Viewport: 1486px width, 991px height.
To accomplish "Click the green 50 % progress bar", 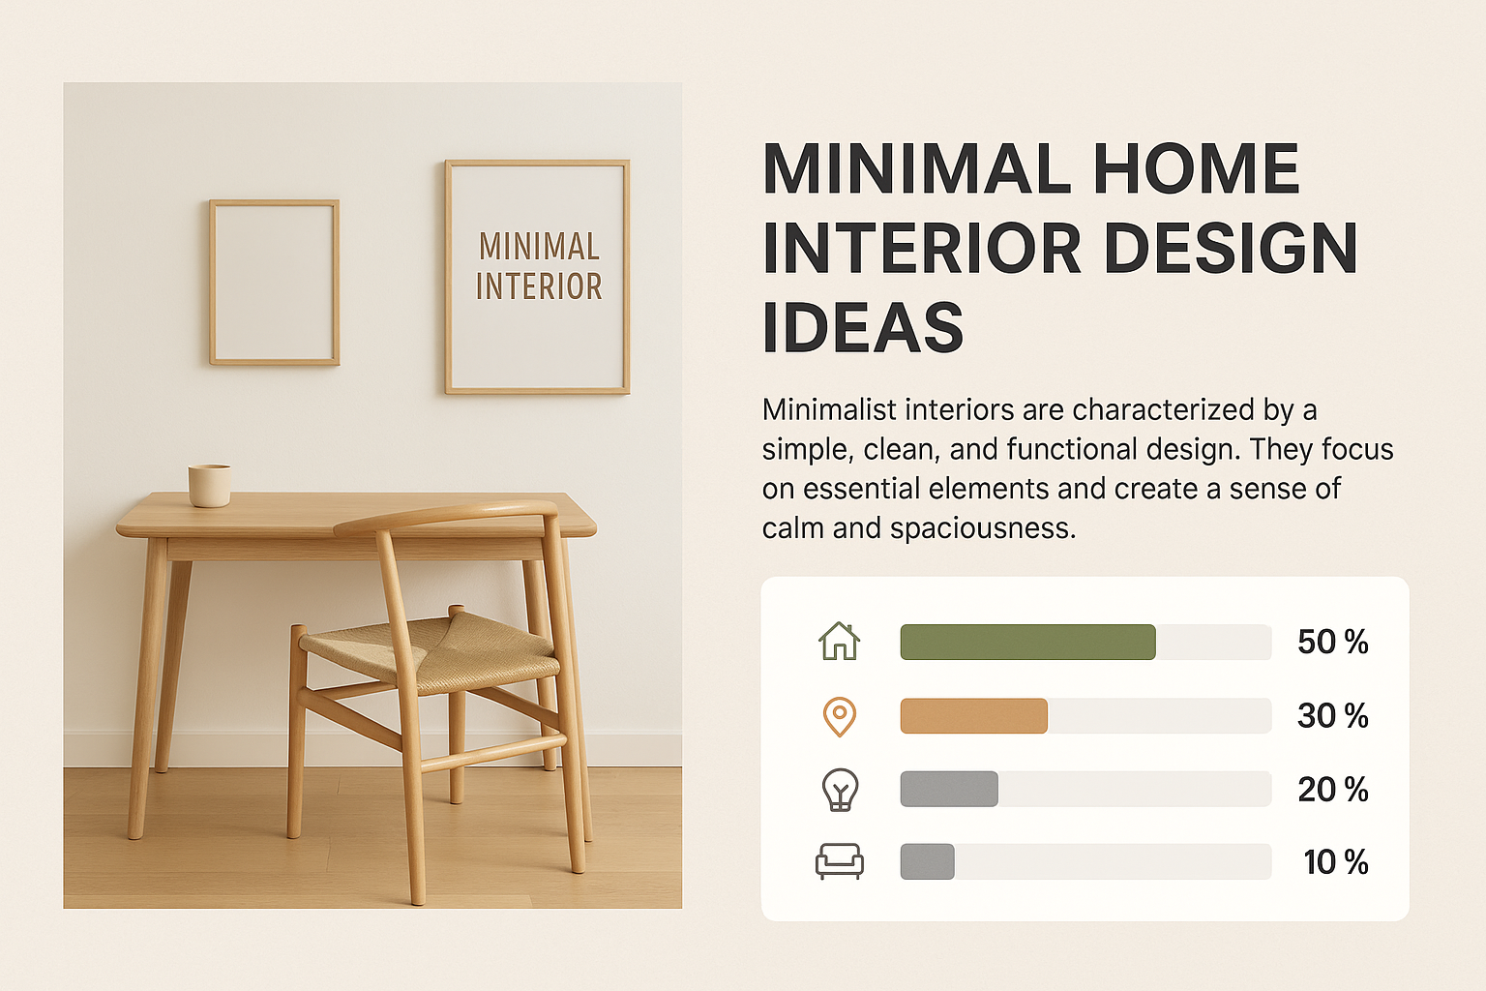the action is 1027,642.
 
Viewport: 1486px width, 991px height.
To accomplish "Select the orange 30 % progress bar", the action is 974,715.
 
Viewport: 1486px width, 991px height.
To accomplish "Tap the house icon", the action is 839,642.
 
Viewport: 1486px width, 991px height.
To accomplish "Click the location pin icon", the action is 839,717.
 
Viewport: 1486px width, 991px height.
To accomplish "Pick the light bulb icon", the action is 840,789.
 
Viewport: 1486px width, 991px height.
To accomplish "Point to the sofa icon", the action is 839,861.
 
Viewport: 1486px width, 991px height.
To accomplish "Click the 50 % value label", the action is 1333,642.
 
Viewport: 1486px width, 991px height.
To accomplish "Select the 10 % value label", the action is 1336,862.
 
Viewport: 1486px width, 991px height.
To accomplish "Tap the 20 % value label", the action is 1333,789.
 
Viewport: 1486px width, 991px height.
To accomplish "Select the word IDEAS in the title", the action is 862,326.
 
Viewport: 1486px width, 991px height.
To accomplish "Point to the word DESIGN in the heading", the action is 1231,247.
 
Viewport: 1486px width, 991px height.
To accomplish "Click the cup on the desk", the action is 210,485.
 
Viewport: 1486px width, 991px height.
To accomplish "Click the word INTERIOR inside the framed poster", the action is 539,286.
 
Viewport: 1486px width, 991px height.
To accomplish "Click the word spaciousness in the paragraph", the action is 983,529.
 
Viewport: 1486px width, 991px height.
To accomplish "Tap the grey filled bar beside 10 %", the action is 928,861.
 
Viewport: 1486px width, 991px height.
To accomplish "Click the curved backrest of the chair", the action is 446,515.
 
